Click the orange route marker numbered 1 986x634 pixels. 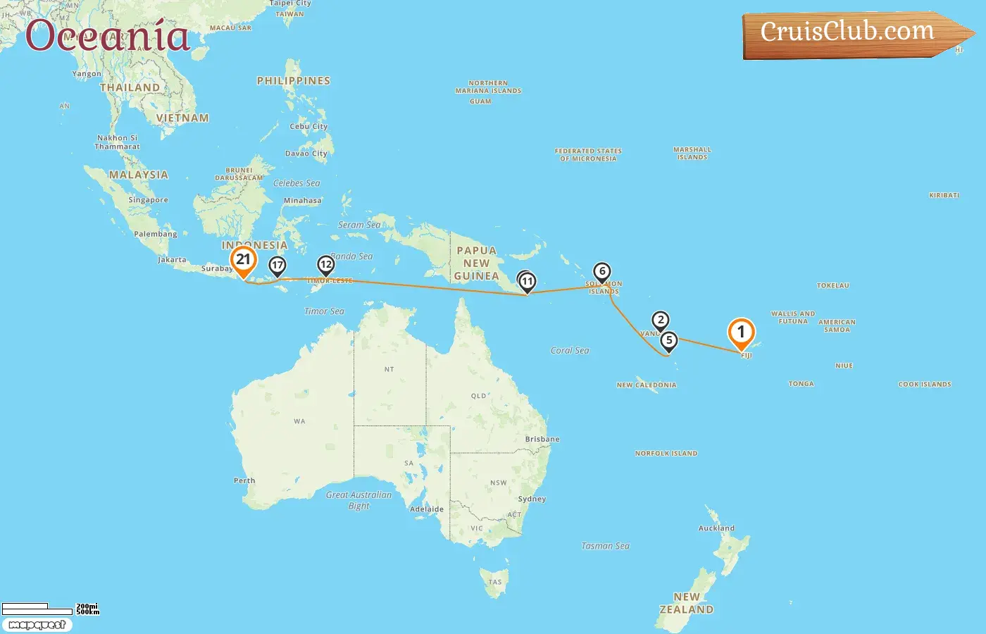coord(741,332)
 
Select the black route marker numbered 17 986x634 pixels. coord(277,266)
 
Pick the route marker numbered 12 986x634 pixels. coord(325,266)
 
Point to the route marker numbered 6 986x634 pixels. coord(601,272)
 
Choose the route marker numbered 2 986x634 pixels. coord(660,321)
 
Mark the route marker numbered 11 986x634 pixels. coord(527,282)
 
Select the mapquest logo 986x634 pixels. coord(37,625)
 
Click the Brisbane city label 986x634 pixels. coord(542,439)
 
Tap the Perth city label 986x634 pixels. coord(244,480)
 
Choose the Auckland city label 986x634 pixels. coord(716,528)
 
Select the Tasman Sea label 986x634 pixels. coord(605,546)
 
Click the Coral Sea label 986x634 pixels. coord(570,350)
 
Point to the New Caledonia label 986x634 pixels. coord(646,385)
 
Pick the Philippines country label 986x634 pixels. coord(294,81)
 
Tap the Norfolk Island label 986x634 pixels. coord(666,453)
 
